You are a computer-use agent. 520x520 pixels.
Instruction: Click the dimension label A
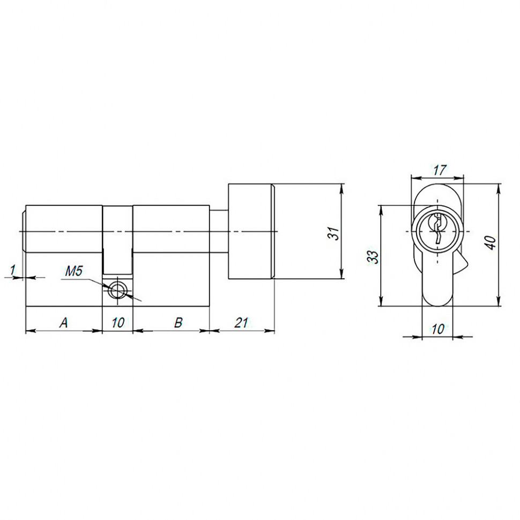pyautogui.click(x=64, y=322)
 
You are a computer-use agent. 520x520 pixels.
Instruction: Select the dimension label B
pyautogui.click(x=179, y=322)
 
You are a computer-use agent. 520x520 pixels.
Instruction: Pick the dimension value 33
pyautogui.click(x=374, y=256)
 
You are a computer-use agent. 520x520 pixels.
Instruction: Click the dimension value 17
pyautogui.click(x=440, y=170)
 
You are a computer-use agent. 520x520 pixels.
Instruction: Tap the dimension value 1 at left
pyautogui.click(x=13, y=269)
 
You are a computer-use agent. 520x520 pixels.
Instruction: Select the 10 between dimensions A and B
pyautogui.click(x=118, y=322)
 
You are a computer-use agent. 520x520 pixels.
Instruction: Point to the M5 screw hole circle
pyautogui.click(x=117, y=291)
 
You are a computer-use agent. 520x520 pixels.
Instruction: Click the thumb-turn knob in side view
pyautogui.click(x=251, y=232)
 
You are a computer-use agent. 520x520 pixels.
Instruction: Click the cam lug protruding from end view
pyautogui.click(x=462, y=264)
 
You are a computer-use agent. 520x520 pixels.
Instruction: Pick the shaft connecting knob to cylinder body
pyautogui.click(x=219, y=232)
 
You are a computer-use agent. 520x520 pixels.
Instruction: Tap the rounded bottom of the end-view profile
pyautogui.click(x=437, y=300)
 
